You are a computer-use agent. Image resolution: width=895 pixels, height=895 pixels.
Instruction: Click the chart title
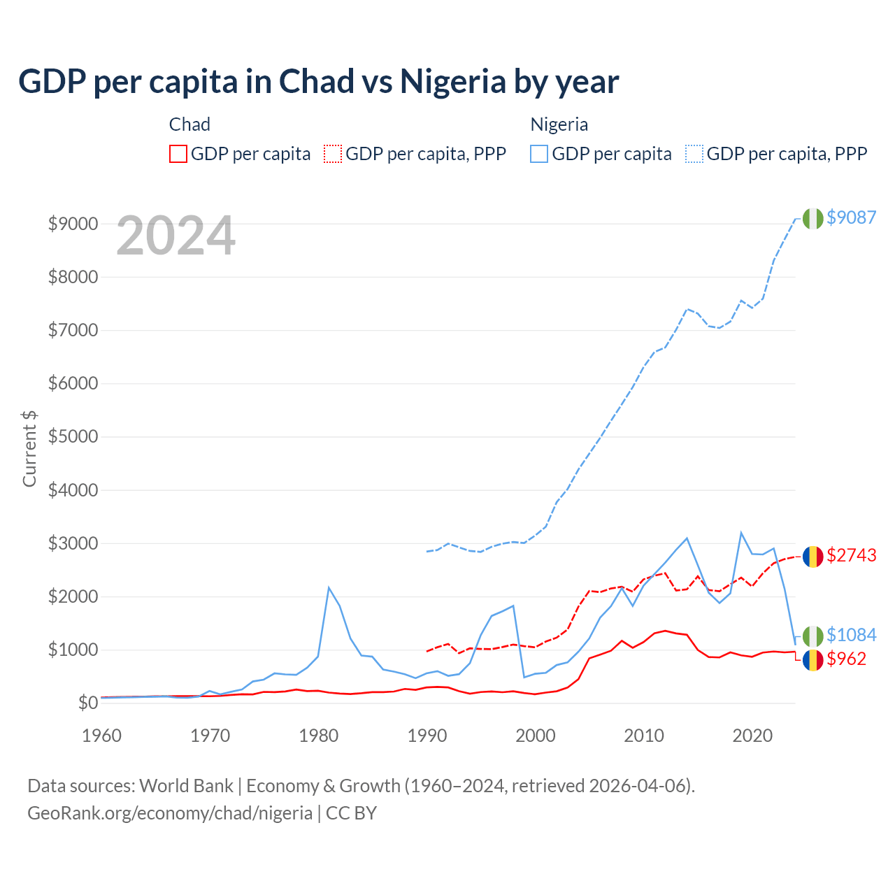pyautogui.click(x=319, y=82)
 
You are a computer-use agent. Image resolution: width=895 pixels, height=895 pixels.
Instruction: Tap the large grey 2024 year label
pyautogui.click(x=176, y=236)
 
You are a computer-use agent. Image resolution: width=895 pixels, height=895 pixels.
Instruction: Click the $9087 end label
pyautogui.click(x=851, y=217)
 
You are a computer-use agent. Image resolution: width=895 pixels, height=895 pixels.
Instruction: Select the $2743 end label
pyautogui.click(x=851, y=555)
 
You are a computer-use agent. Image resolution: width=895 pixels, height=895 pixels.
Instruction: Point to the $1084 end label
pyautogui.click(x=851, y=635)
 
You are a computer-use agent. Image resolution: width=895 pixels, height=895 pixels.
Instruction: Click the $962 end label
pyautogui.click(x=846, y=659)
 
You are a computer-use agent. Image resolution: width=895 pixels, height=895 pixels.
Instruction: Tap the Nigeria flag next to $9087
pyautogui.click(x=812, y=218)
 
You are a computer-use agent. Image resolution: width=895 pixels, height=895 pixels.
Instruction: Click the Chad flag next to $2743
pyautogui.click(x=812, y=557)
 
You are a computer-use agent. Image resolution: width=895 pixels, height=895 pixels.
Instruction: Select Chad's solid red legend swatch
pyautogui.click(x=178, y=154)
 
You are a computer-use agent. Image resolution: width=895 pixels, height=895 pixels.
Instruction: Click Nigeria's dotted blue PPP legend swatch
pyautogui.click(x=694, y=154)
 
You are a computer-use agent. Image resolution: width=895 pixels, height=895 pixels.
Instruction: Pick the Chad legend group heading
pyautogui.click(x=189, y=124)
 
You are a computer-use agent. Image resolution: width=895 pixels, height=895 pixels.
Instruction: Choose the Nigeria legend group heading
pyautogui.click(x=559, y=124)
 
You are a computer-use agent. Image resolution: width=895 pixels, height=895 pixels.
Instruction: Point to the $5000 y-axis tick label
pyautogui.click(x=73, y=437)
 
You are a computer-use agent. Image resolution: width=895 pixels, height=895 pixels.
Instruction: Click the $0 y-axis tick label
pyautogui.click(x=87, y=703)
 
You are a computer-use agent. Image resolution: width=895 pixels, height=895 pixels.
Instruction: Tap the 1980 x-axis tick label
pyautogui.click(x=319, y=736)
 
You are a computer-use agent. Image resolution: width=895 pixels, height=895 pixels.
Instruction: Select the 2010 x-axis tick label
pyautogui.click(x=644, y=736)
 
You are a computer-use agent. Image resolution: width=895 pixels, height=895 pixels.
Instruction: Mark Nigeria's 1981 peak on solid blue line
pyautogui.click(x=329, y=587)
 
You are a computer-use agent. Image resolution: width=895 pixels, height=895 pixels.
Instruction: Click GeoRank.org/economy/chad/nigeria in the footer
pyautogui.click(x=170, y=813)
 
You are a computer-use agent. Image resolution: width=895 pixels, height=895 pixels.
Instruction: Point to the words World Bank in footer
pyautogui.click(x=186, y=786)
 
